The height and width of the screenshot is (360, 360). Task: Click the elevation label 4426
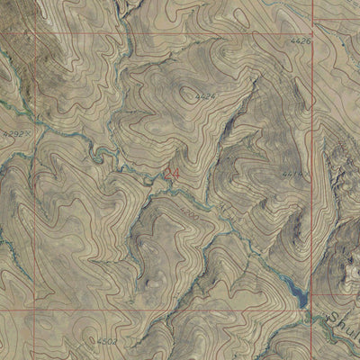tap(301, 41)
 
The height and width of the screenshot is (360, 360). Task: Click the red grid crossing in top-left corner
tap(37, 34)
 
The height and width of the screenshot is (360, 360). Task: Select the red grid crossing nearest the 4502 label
tap(37, 310)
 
